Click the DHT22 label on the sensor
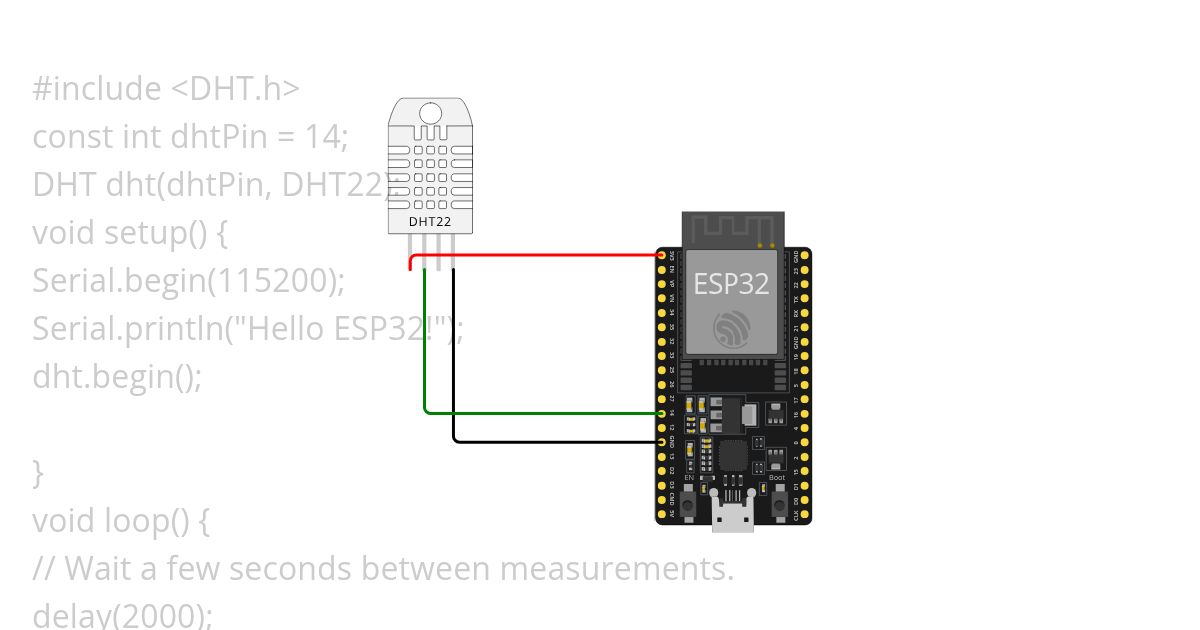pos(430,220)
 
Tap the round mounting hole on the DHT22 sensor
pos(430,113)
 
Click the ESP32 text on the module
pos(732,284)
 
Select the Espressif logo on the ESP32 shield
pos(732,329)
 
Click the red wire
pos(540,255)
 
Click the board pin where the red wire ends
pos(662,255)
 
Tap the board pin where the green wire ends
pos(662,412)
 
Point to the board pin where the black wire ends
pos(662,441)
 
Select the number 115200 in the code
pos(269,280)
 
